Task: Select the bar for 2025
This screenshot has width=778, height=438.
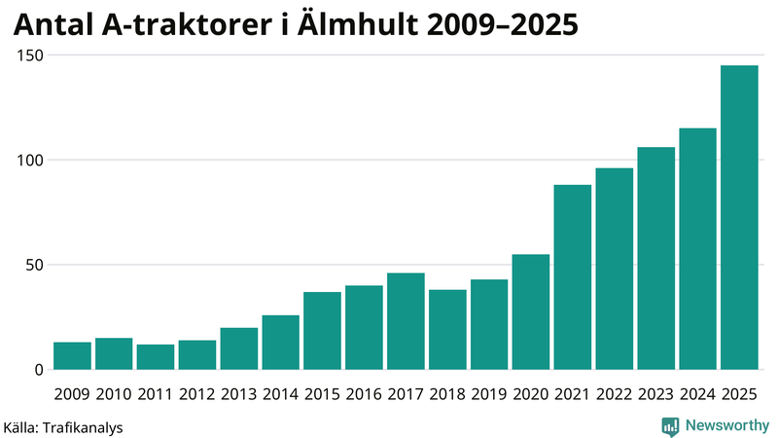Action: pos(739,217)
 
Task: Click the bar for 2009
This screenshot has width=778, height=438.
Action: pos(72,356)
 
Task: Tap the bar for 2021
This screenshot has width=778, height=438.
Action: pos(573,277)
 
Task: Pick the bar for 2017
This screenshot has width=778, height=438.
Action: pos(406,321)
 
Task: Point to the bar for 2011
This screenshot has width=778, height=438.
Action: pos(156,357)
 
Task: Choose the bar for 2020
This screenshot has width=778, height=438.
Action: pos(531,311)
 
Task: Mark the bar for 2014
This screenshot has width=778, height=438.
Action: pos(281,343)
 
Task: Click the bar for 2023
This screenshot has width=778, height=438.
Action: pos(656,258)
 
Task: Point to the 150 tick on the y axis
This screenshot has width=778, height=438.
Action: pos(32,55)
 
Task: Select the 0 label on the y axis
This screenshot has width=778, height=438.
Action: pos(40,370)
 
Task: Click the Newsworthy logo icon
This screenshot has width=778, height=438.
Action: pos(670,425)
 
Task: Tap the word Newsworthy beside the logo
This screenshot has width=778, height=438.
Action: pos(726,425)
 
